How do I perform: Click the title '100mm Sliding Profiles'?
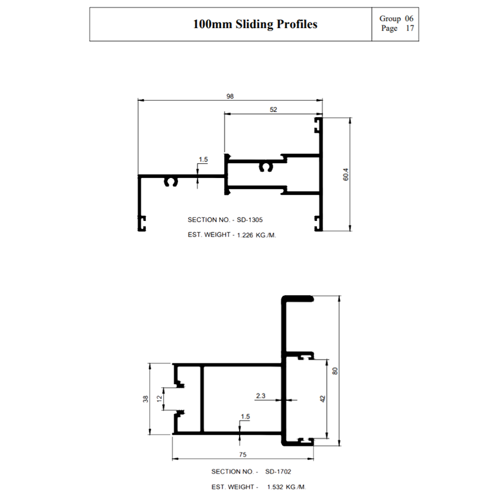255,24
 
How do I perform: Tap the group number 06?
409,19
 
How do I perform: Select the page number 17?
410,28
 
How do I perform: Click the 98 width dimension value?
230,96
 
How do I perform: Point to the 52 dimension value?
273,110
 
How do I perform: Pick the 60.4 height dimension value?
345,174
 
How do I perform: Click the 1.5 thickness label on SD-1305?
204,159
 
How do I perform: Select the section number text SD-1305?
250,220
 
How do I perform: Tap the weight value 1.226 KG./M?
256,235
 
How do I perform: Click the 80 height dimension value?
335,370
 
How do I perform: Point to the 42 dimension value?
322,398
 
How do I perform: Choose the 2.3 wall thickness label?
260,396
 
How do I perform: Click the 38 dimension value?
146,398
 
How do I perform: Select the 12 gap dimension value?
159,398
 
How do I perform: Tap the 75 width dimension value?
243,454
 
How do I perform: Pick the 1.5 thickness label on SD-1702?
245,416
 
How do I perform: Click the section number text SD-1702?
278,472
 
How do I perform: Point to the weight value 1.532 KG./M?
286,487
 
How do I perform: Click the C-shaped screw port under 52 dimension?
266,167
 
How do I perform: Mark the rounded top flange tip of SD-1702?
312,299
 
